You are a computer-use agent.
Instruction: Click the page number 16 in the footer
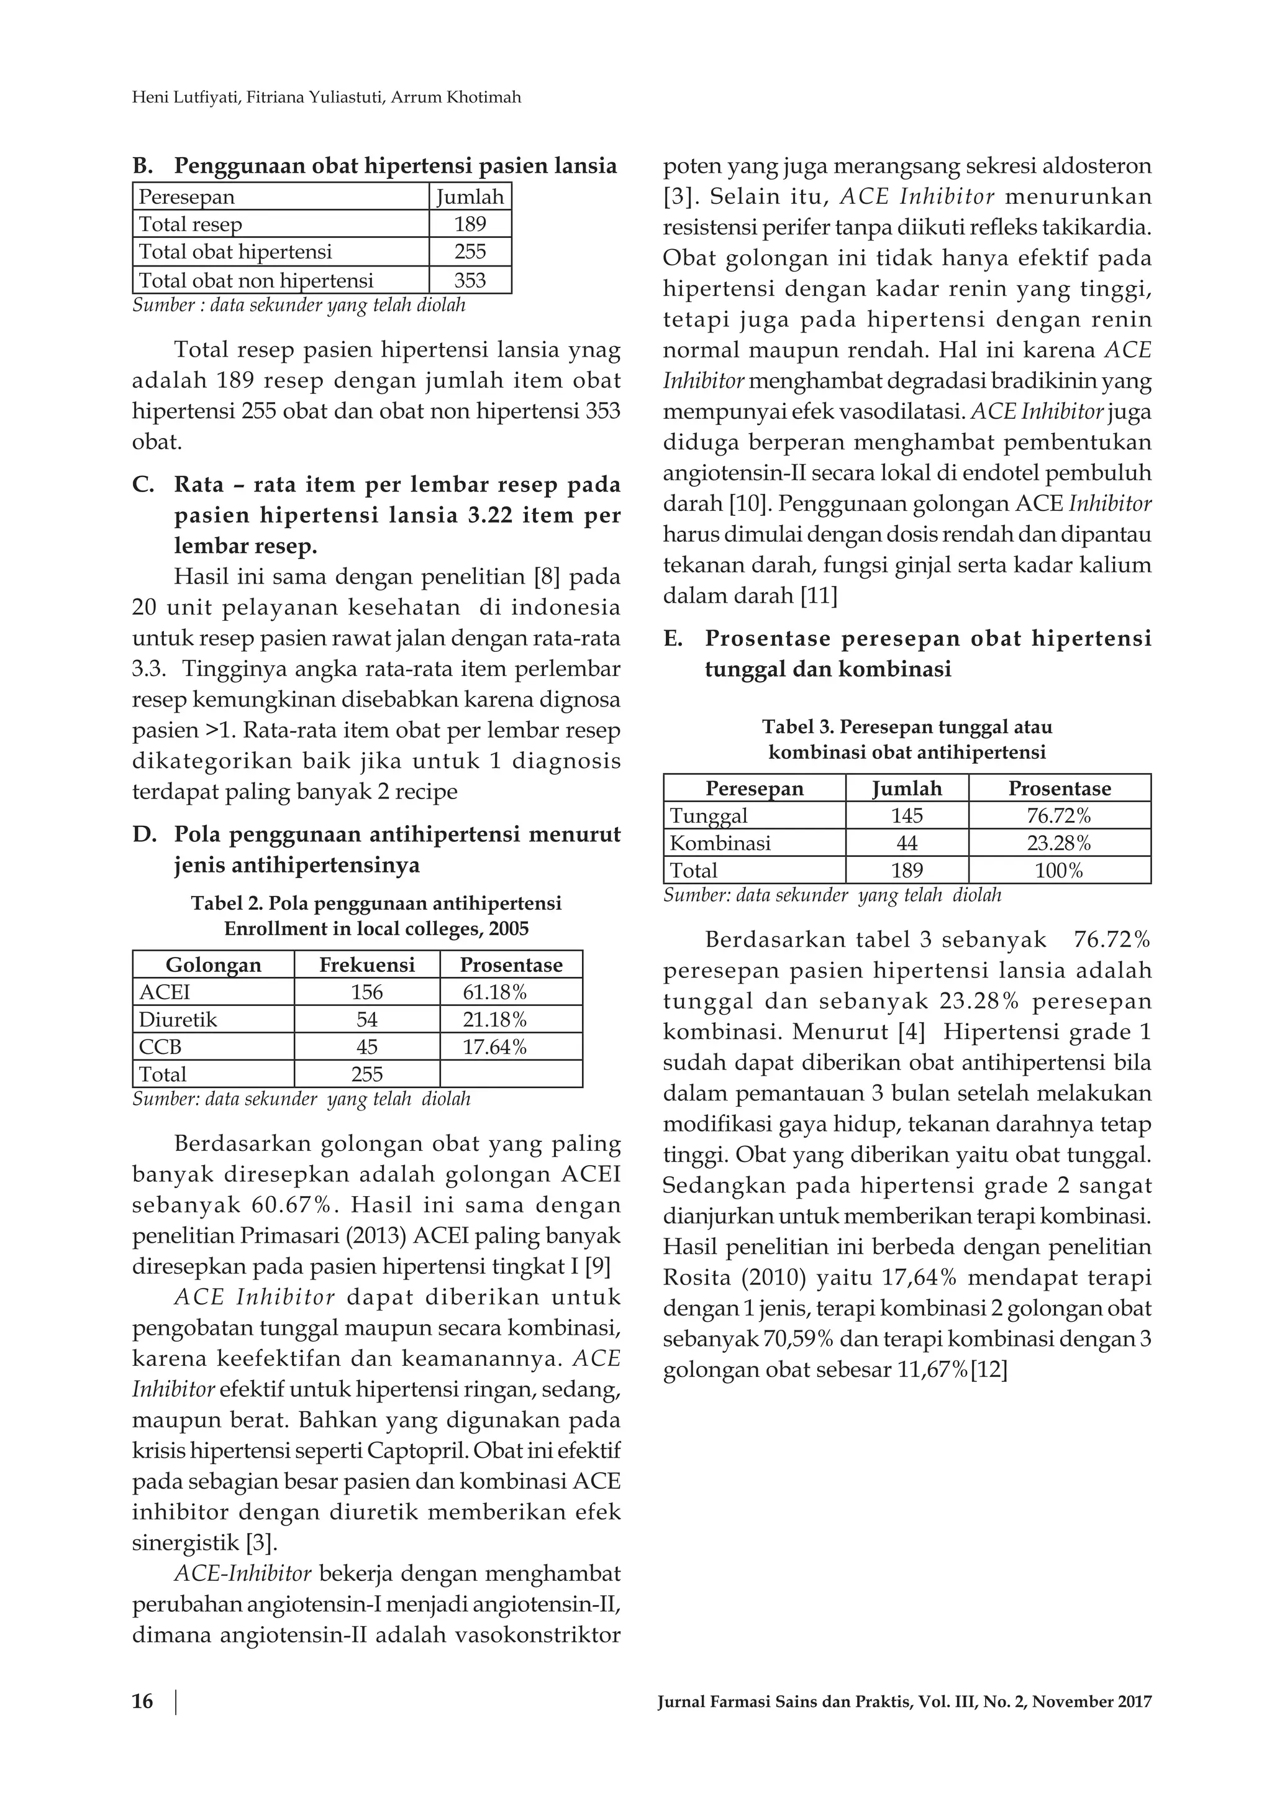[142, 1701]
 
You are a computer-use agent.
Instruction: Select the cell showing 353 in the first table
[470, 280]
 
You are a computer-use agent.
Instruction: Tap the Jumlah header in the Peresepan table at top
[470, 197]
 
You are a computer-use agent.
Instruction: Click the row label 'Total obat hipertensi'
[235, 252]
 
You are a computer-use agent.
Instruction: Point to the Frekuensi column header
[366, 965]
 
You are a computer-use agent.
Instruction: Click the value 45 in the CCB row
[366, 1047]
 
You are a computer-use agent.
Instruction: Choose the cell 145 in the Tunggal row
[906, 815]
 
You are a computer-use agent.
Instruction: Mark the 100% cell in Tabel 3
[1059, 871]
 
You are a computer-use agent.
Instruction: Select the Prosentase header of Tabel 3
[1059, 789]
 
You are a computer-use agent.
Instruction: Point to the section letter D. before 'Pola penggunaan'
[145, 835]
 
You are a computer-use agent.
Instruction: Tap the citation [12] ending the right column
[989, 1370]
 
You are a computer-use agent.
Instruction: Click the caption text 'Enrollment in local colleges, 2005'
[376, 929]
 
